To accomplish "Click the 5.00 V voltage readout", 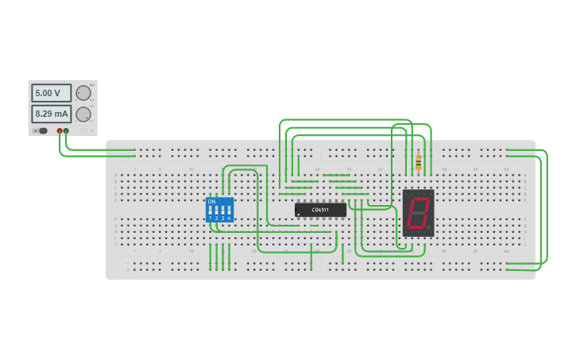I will point(51,93).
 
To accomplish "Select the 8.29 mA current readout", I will point(51,114).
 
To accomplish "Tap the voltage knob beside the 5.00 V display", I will point(83,93).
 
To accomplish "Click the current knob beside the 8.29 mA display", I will point(83,114).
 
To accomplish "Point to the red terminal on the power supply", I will point(60,130).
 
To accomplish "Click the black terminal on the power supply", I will point(66,130).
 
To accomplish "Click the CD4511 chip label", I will point(320,210).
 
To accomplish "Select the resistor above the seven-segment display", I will point(418,162).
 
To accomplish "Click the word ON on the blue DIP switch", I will point(211,201).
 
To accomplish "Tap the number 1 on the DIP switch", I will point(210,218).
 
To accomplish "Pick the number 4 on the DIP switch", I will point(229,218).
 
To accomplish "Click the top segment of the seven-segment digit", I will point(419,197).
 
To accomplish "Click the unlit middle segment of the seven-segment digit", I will point(418,212).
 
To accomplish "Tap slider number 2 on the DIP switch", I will point(216,210).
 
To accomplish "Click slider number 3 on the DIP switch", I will point(222,210).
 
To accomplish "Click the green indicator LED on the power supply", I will point(92,85).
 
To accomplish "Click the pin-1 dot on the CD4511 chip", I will point(298,215).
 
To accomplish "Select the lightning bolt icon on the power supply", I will point(91,130).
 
